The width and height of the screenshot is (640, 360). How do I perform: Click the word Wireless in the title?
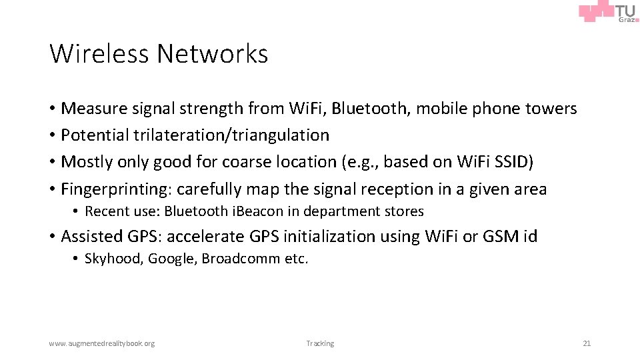tap(98, 54)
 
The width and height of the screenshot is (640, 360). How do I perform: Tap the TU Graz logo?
tap(609, 13)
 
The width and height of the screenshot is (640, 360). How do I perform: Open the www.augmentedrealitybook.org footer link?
tap(101, 343)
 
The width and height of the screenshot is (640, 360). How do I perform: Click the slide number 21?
tap(587, 343)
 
